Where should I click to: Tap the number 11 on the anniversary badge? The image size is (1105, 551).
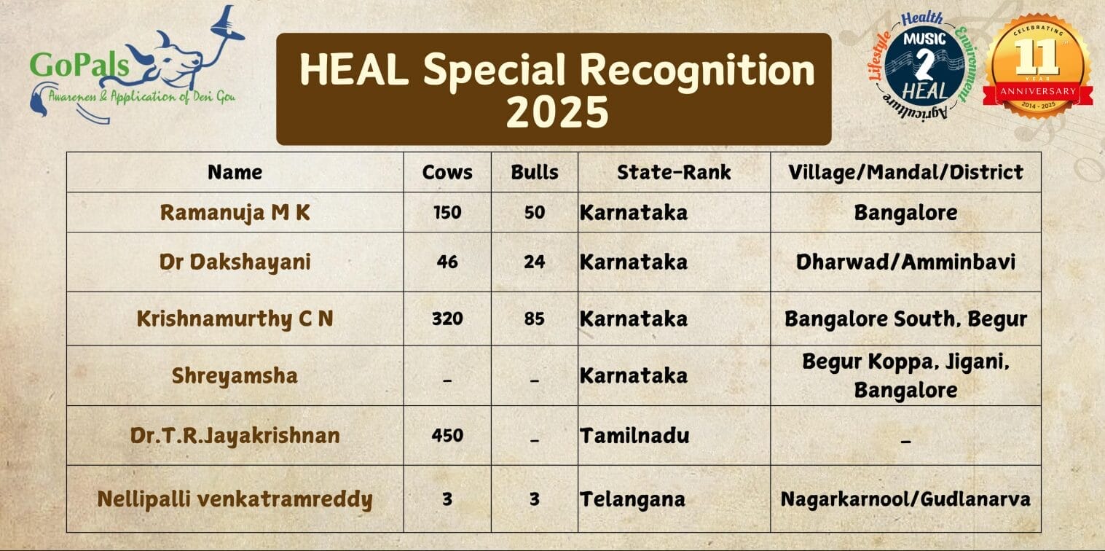point(1037,57)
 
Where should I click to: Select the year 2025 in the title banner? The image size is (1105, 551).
point(557,112)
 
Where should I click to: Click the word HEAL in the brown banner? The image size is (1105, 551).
point(354,70)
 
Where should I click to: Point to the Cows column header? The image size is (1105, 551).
point(447,172)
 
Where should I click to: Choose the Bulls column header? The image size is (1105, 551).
point(534,172)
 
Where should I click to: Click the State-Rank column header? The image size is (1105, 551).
point(674,172)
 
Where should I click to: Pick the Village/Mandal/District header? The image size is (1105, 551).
point(905,172)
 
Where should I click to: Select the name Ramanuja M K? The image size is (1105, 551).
point(235,213)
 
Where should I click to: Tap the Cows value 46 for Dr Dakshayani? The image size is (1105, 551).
point(447,262)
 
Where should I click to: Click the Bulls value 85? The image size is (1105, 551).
point(534,319)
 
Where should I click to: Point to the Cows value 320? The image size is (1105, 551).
point(447,319)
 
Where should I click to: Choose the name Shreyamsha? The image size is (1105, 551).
point(235,376)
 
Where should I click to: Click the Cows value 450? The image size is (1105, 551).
point(447,435)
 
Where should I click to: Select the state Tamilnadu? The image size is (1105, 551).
point(634,435)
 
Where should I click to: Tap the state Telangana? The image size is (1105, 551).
point(632,499)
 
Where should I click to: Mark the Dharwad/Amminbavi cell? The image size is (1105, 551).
point(905,262)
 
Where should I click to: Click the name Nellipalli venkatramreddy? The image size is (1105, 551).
point(235,499)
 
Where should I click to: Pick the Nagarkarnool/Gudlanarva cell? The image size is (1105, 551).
point(905,499)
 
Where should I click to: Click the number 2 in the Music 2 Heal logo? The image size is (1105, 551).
point(924,65)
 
